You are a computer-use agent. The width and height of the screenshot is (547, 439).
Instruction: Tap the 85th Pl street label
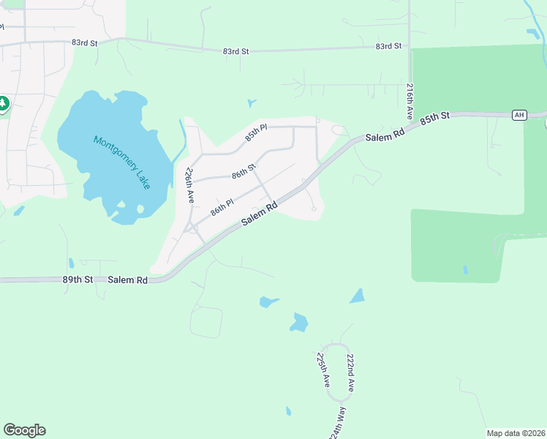(x=257, y=132)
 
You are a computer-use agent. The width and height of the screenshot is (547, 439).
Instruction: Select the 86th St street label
(x=244, y=172)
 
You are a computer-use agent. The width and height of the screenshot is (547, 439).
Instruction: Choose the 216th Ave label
(x=410, y=102)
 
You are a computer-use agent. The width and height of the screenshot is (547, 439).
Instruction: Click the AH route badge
(x=519, y=115)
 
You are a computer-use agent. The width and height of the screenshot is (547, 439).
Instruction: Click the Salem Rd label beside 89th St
(x=127, y=279)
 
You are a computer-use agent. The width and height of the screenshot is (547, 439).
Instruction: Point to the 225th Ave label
(x=322, y=370)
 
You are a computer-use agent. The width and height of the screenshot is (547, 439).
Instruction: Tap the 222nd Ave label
(x=351, y=372)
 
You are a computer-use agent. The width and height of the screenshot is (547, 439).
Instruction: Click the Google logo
(x=24, y=430)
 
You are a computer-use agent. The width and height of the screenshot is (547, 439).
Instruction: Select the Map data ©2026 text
(x=516, y=432)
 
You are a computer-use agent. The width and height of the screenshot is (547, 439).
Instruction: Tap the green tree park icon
(x=4, y=104)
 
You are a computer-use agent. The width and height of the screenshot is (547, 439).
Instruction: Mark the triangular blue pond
(x=358, y=296)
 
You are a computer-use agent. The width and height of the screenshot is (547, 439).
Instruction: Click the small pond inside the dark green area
(x=465, y=270)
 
